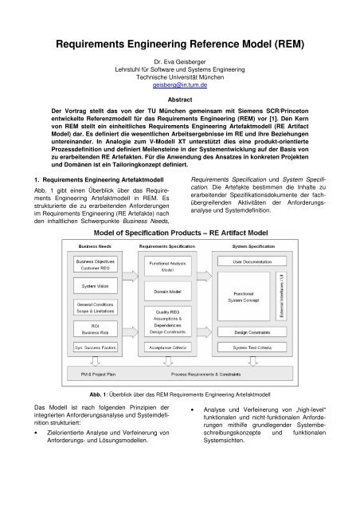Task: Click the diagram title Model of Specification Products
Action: click(x=179, y=233)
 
